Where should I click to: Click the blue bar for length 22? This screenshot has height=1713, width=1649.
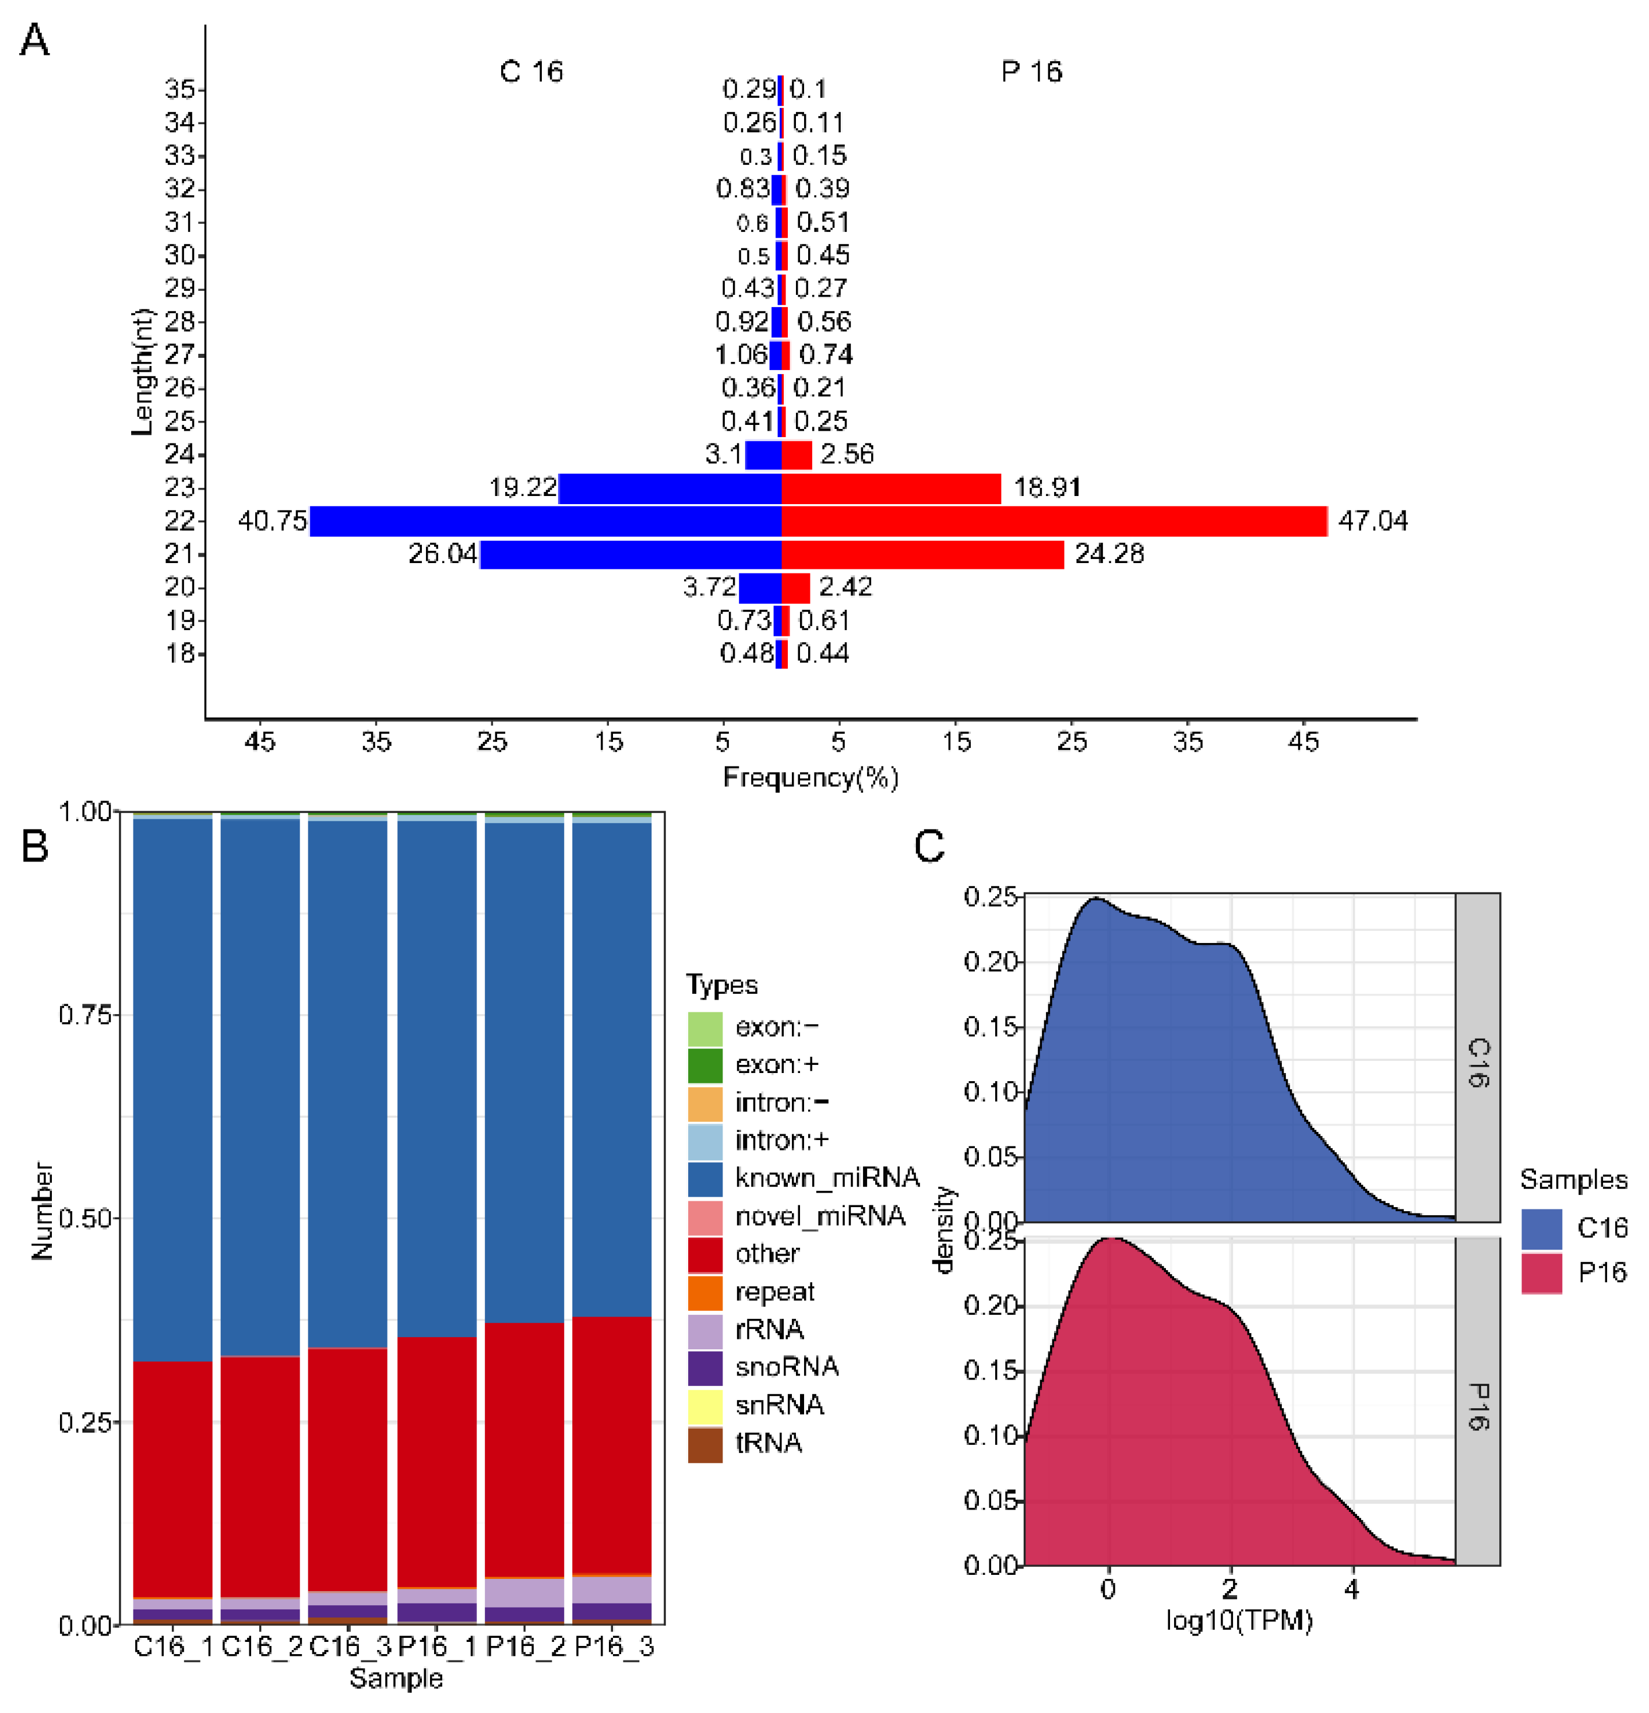tap(545, 521)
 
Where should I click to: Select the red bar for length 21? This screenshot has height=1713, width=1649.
tap(922, 554)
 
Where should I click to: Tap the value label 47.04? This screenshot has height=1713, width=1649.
tap(1372, 521)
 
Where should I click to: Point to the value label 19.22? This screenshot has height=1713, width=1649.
tap(523, 487)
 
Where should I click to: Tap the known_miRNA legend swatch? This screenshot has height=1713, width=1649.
tap(704, 1178)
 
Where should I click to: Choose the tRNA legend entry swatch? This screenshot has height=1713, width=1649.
tap(704, 1443)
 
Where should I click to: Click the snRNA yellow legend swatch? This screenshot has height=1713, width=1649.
tap(704, 1405)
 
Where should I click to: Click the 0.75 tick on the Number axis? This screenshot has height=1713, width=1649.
tap(84, 1015)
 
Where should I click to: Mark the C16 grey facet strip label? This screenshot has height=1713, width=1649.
tap(1477, 1062)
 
